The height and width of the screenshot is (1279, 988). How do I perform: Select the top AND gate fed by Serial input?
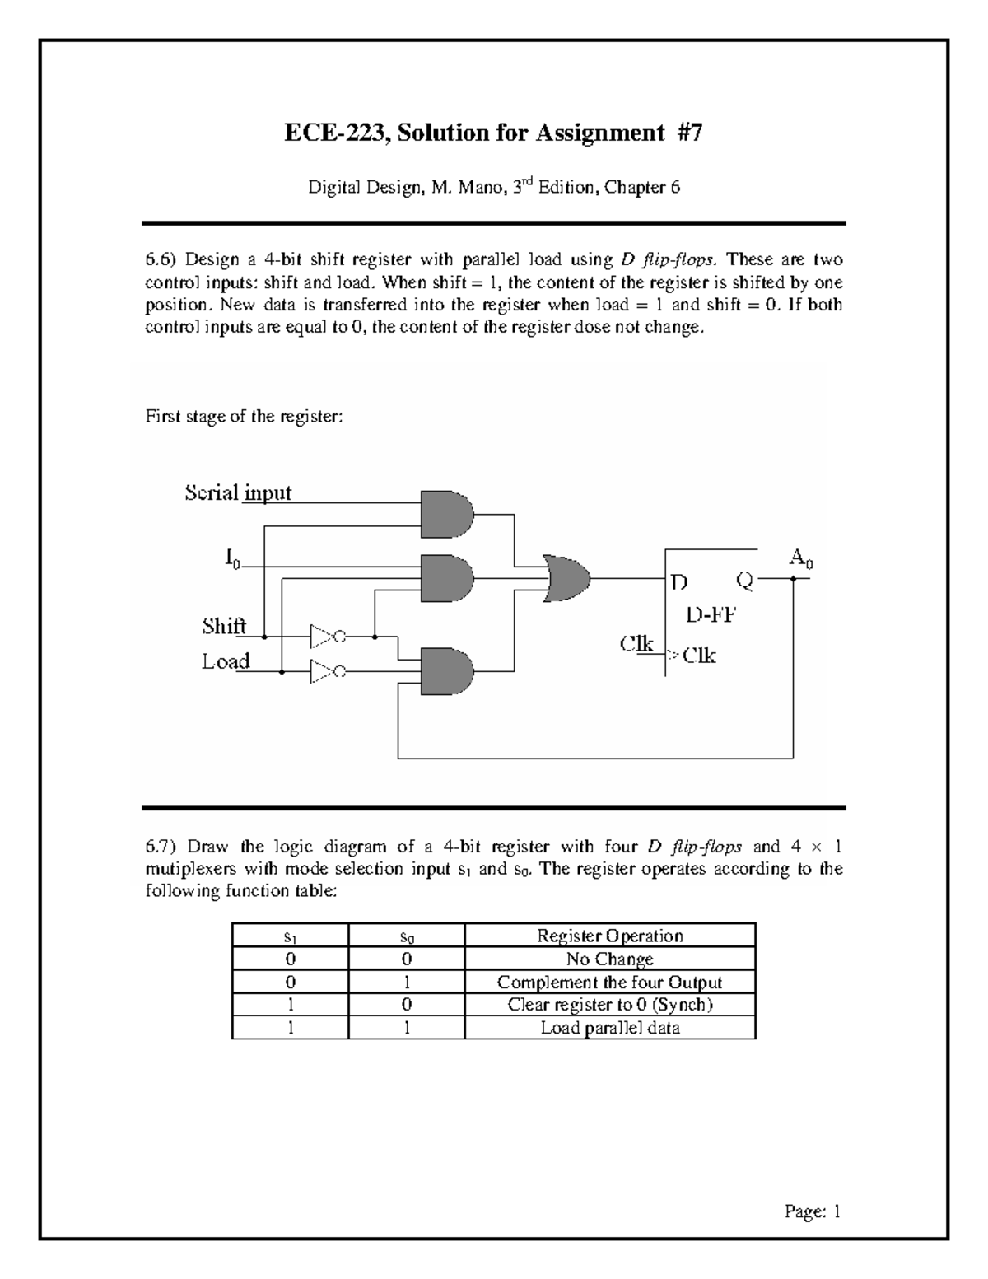pyautogui.click(x=446, y=516)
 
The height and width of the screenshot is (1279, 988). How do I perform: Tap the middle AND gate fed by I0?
pyautogui.click(x=446, y=577)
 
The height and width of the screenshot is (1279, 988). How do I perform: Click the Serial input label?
pyautogui.click(x=238, y=492)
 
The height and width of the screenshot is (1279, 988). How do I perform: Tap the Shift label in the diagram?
pyautogui.click(x=224, y=627)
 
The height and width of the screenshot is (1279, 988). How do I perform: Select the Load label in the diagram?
pyautogui.click(x=226, y=661)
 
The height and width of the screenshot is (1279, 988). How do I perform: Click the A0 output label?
pyautogui.click(x=800, y=558)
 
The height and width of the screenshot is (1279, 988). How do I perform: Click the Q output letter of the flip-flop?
pyautogui.click(x=744, y=581)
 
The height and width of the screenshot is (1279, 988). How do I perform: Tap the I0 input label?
pyautogui.click(x=233, y=559)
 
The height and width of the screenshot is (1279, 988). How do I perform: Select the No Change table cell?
pyautogui.click(x=609, y=959)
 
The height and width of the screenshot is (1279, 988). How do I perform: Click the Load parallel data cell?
pyautogui.click(x=609, y=1027)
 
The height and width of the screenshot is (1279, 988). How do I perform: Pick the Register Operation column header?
pyautogui.click(x=609, y=936)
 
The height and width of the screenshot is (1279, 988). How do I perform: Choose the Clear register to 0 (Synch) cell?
pyautogui.click(x=609, y=1004)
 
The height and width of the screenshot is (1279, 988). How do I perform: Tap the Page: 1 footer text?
pyautogui.click(x=813, y=1211)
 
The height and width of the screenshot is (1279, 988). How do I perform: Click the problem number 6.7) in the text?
pyautogui.click(x=161, y=846)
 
